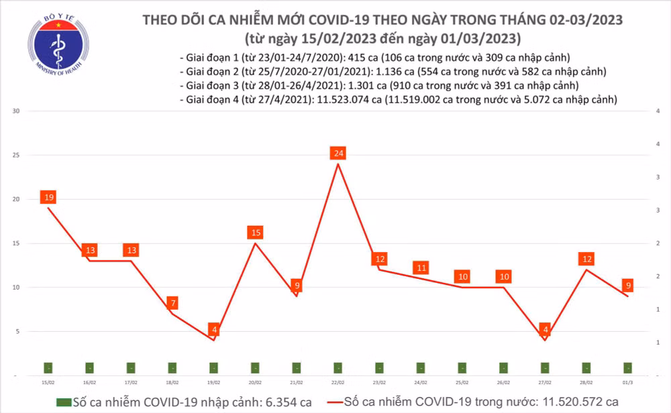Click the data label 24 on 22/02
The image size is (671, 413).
338,154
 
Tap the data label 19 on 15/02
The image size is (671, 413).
48,197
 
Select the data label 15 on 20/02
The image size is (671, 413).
255,233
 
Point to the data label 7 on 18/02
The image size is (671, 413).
172,303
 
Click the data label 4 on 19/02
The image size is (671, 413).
214,330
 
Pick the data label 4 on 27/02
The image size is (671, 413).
545,330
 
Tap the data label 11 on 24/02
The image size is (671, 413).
421,268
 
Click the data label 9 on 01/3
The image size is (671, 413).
627,285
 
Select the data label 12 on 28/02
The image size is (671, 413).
586,259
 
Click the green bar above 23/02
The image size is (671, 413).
379,367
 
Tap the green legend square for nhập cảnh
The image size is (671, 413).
63,402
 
